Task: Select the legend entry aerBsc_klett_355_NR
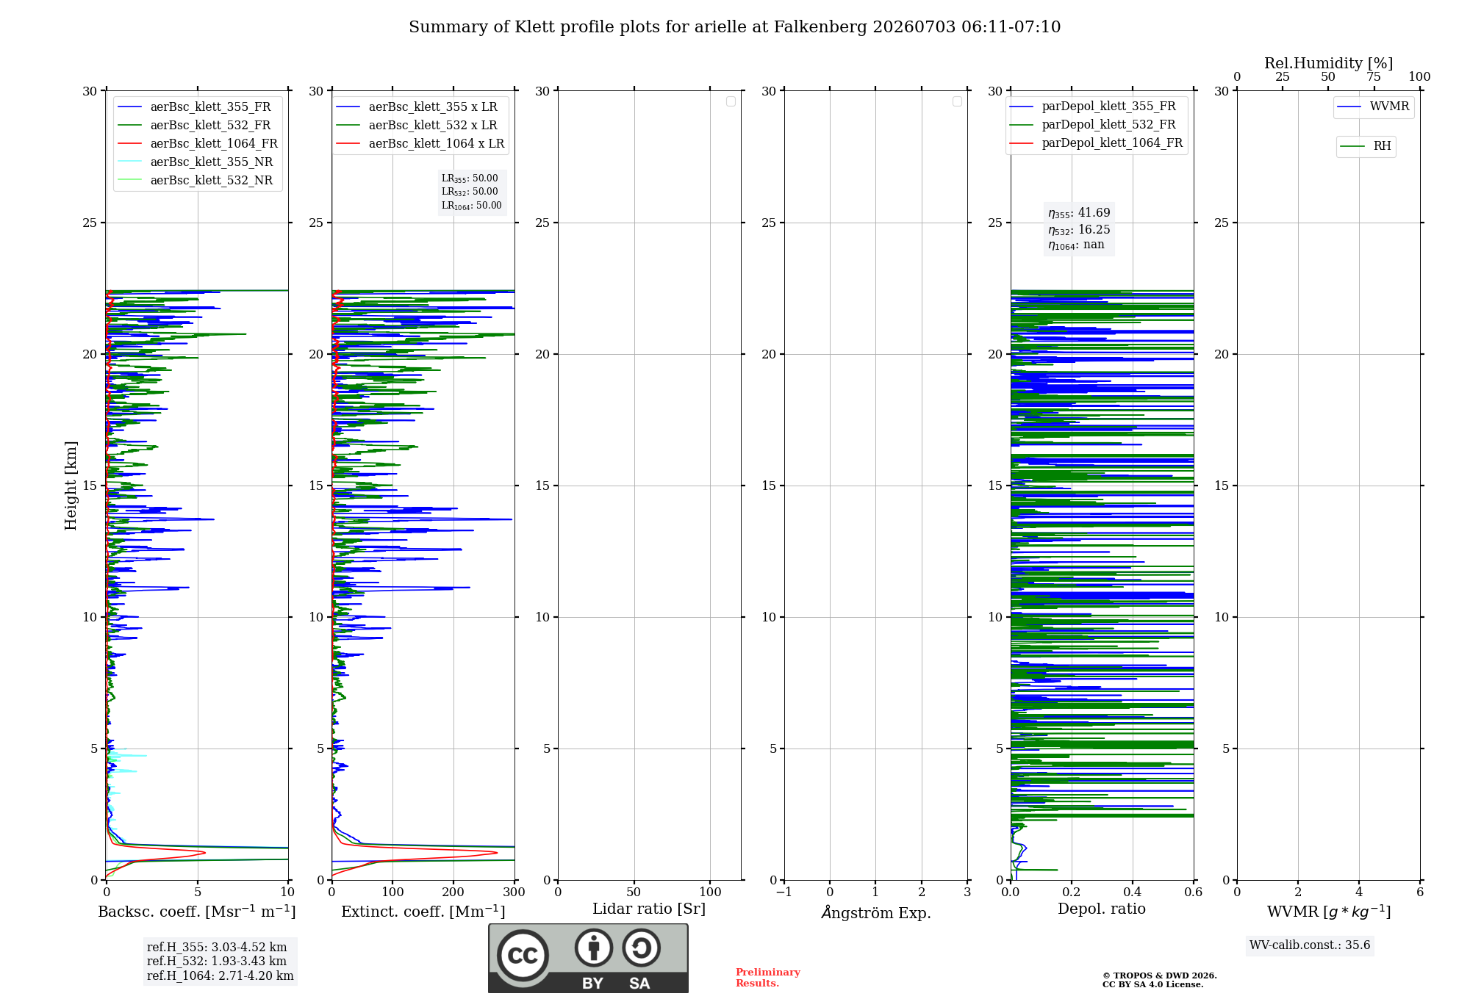point(196,162)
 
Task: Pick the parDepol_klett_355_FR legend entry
point(1093,107)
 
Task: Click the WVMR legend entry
point(1373,107)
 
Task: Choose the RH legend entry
point(1366,146)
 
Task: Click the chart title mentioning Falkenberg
point(735,27)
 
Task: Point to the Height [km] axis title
point(71,486)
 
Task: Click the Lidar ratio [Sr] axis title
point(649,909)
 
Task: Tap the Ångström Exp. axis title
point(876,912)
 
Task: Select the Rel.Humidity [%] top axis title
point(1329,63)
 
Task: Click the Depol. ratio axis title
point(1102,909)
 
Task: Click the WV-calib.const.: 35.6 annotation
point(1310,945)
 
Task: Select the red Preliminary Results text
point(768,978)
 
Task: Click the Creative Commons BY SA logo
point(589,959)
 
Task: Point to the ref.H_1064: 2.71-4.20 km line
point(220,976)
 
